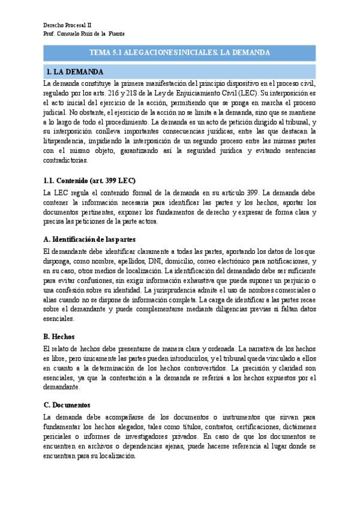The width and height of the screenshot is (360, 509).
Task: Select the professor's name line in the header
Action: (85, 34)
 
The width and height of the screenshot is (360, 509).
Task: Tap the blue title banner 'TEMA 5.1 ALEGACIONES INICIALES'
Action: (179, 53)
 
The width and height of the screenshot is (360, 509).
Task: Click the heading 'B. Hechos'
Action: (59, 336)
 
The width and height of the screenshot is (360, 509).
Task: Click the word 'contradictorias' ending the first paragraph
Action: (66, 160)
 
